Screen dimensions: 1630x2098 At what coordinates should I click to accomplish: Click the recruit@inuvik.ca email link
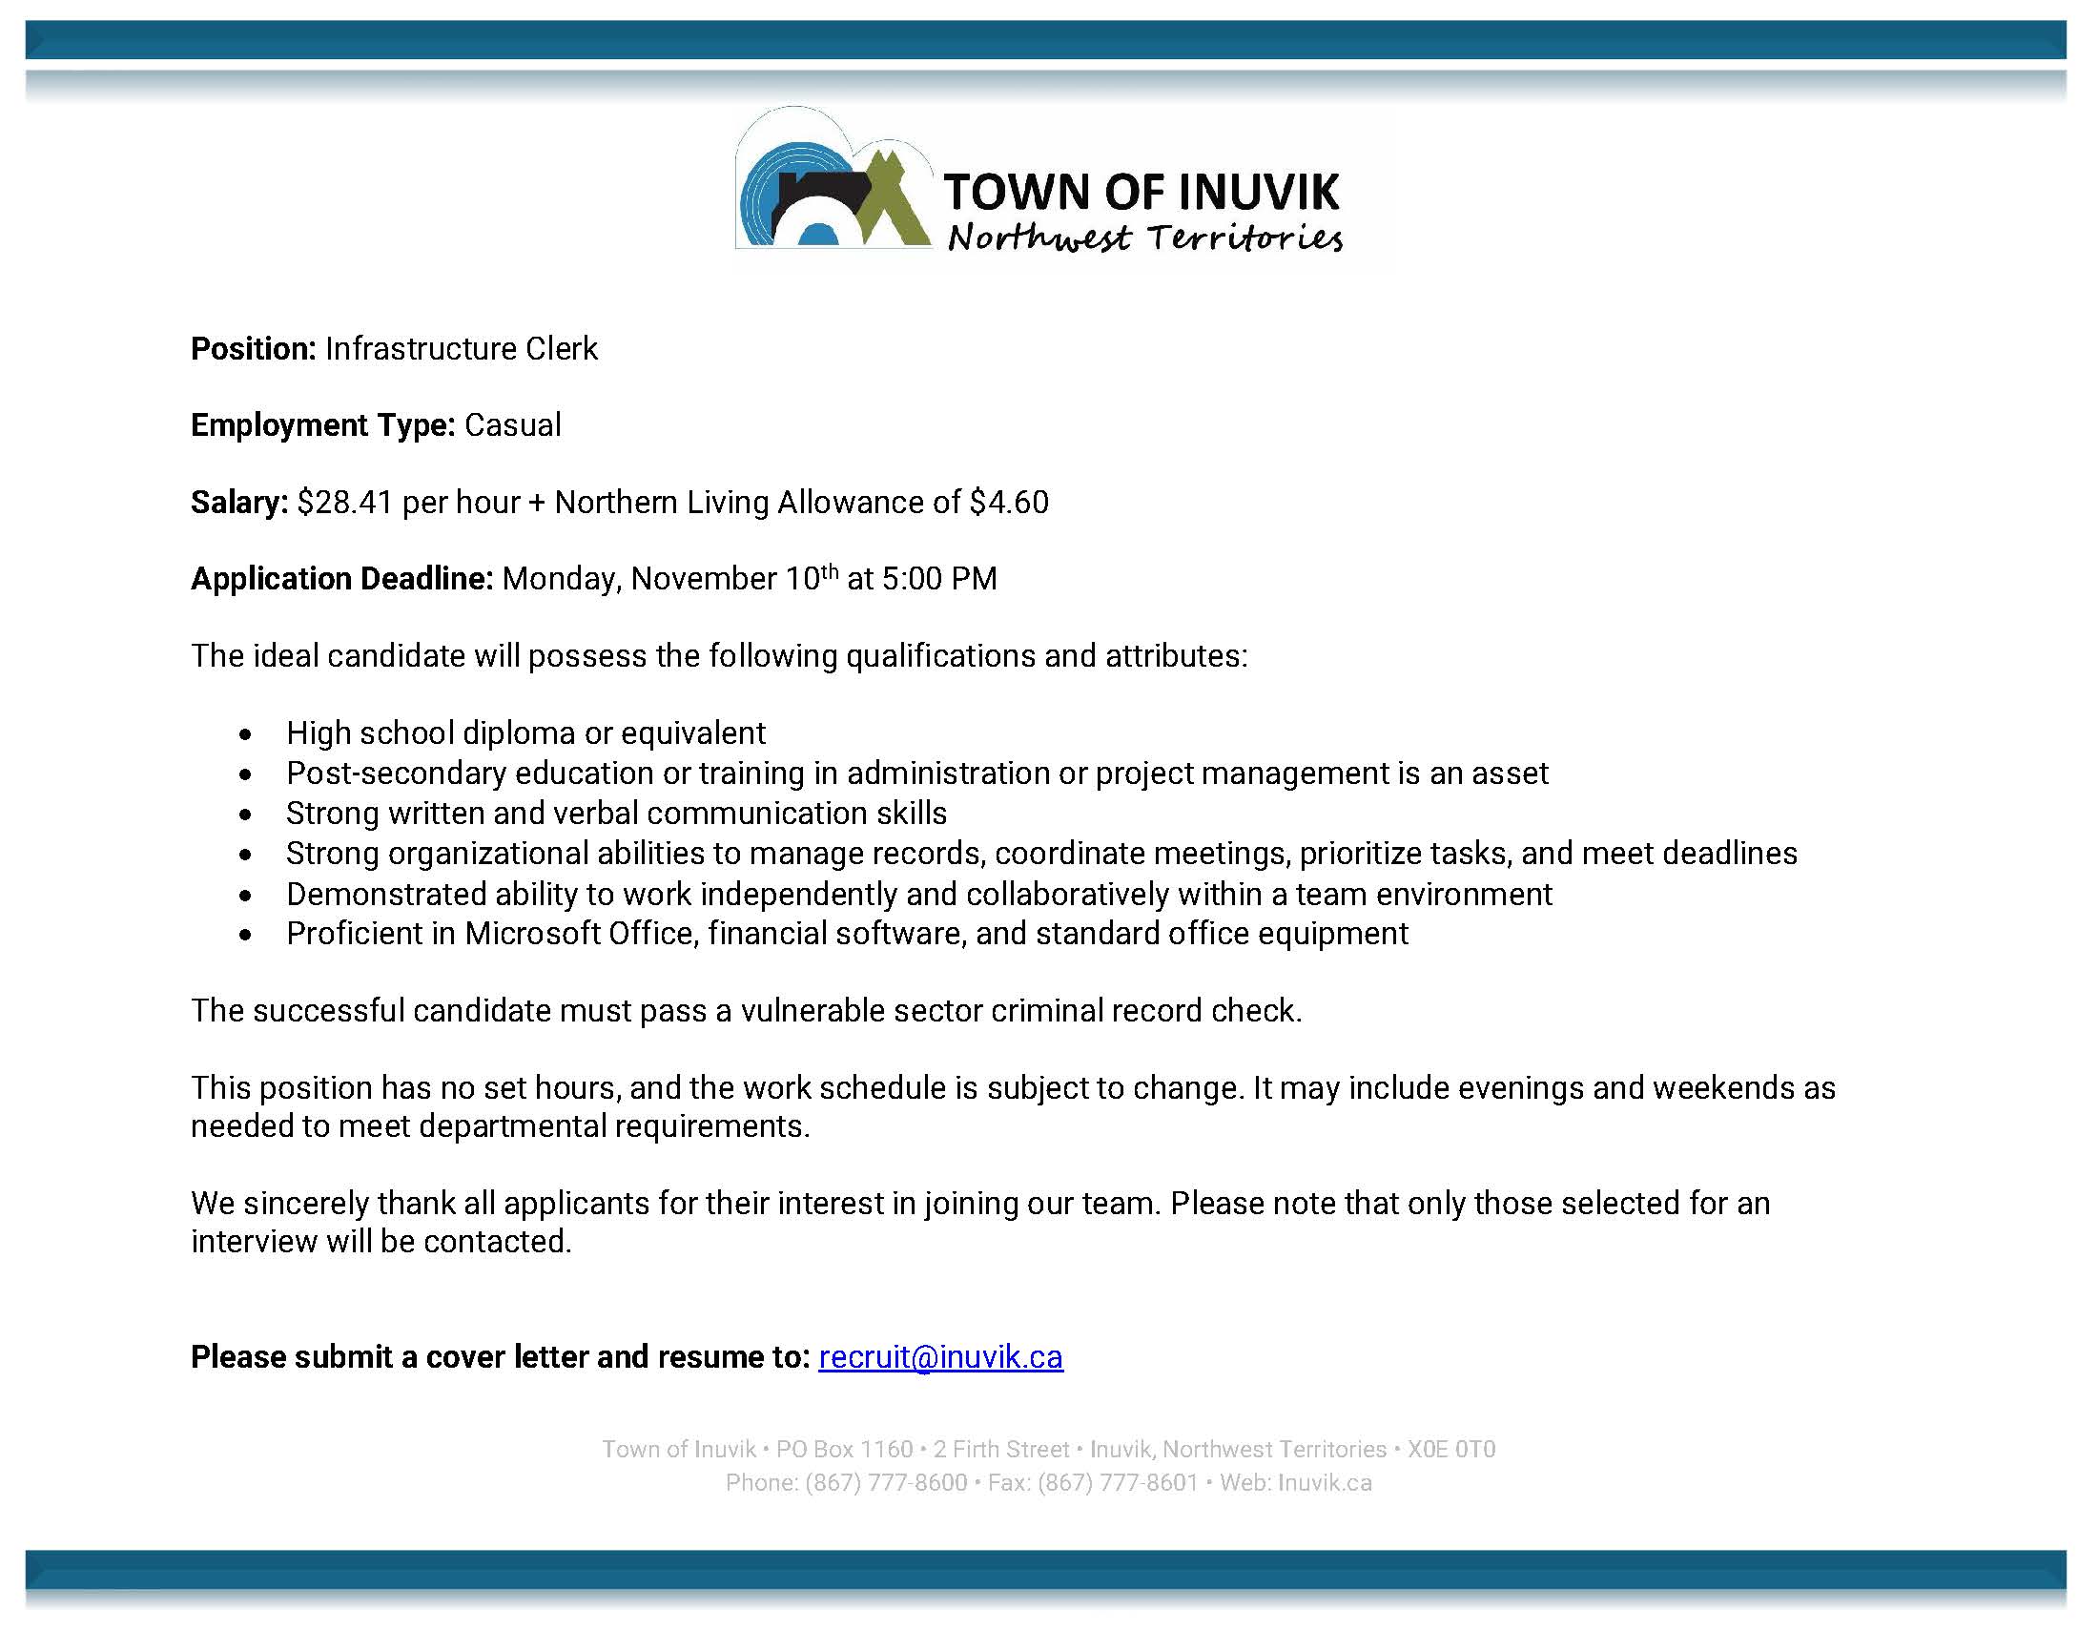[940, 1356]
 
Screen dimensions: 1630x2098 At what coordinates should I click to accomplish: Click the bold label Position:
[254, 349]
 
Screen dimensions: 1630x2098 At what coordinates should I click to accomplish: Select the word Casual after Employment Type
[513, 425]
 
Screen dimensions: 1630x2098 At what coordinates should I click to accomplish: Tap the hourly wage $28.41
[345, 503]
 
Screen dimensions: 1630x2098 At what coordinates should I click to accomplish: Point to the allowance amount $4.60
[1009, 503]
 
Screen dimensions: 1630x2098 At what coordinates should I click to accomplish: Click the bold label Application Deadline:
[342, 579]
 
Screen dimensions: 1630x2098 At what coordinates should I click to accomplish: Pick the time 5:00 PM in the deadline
[939, 579]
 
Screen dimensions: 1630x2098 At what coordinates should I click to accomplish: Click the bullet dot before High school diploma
[247, 734]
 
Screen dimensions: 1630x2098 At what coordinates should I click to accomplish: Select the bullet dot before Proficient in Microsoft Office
[247, 935]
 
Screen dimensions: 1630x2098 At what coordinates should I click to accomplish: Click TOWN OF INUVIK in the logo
[1142, 192]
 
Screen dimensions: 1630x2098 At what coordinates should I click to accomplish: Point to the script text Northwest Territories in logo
[1145, 237]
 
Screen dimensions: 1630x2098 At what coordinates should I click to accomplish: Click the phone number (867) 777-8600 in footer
[886, 1483]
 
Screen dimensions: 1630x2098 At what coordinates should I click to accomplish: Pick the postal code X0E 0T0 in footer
[1451, 1450]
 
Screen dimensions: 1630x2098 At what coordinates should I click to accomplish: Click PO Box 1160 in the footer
[844, 1450]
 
